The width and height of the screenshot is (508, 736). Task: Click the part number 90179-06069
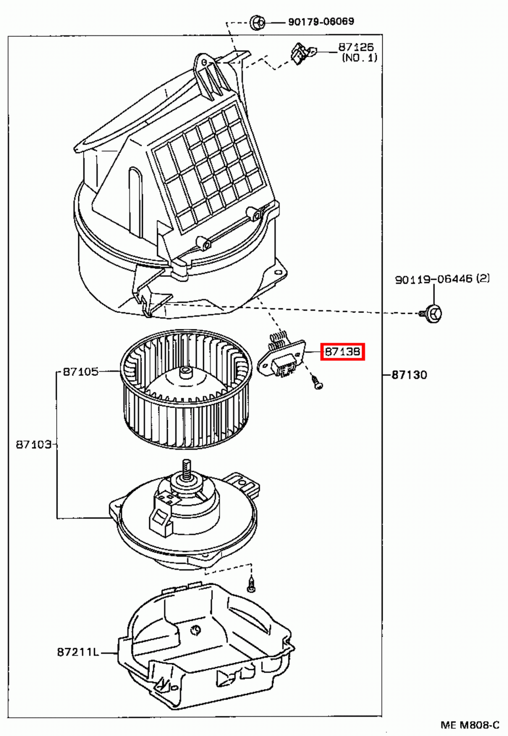[x=321, y=22]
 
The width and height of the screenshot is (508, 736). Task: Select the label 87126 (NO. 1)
[x=358, y=52]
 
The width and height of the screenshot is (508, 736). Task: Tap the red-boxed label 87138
[x=342, y=352]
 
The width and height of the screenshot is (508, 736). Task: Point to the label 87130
[x=409, y=375]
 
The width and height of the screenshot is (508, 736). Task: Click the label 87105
[x=81, y=372]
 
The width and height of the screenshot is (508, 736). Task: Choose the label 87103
[x=33, y=444]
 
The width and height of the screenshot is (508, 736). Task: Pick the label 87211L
[x=78, y=652]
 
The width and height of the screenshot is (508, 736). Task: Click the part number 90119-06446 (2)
[x=442, y=279]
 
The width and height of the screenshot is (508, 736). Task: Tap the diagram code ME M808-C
[x=469, y=725]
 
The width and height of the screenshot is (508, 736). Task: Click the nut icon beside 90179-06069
[x=257, y=22]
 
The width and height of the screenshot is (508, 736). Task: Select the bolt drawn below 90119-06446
[x=432, y=314]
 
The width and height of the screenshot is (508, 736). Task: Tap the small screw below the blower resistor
[x=317, y=383]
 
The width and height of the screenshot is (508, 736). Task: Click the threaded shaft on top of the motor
[x=187, y=470]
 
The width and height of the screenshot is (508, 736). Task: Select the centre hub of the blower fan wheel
[x=186, y=372]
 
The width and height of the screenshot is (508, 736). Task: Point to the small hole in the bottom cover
[x=196, y=630]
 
